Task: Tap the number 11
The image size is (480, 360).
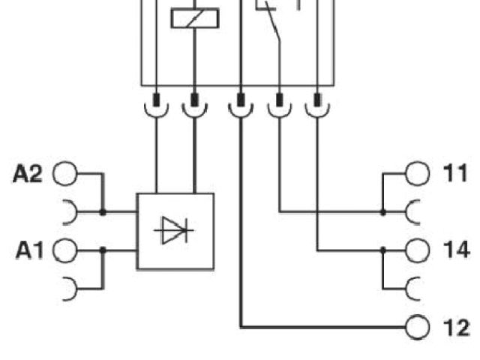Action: pos(452,174)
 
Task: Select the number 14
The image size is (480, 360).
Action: pos(454,250)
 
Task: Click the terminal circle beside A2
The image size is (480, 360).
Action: pos(66,175)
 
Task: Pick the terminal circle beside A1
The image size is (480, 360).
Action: pos(66,250)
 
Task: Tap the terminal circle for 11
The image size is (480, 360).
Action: pos(415,174)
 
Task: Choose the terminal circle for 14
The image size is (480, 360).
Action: pos(415,250)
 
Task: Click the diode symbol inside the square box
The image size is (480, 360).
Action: pos(174,231)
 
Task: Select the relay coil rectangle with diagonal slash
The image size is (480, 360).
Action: pos(193,17)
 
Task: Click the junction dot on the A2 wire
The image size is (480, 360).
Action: pos(103,212)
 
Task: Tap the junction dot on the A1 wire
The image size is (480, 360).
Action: pos(103,250)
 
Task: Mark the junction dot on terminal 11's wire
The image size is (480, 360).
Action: pos(382,212)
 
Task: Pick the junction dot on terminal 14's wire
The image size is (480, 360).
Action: pos(382,250)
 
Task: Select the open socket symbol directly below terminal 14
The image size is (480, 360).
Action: pos(415,287)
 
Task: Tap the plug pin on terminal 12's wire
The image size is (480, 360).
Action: pos(241,99)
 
